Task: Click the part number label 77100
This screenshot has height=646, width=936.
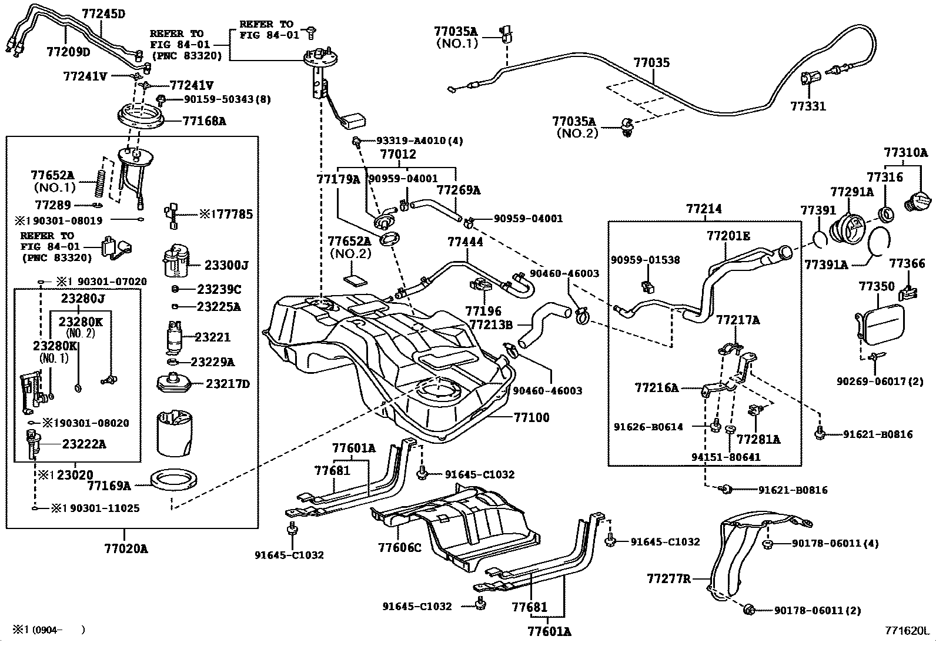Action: click(x=531, y=417)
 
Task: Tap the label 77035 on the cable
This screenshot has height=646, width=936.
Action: click(x=651, y=63)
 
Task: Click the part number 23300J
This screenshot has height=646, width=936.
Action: click(x=226, y=266)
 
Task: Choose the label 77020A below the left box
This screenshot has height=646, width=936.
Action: click(x=126, y=549)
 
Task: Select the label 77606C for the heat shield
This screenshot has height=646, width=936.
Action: click(x=400, y=547)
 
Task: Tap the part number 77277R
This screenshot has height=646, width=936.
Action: click(x=668, y=579)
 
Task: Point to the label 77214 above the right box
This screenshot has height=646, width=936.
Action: click(x=704, y=209)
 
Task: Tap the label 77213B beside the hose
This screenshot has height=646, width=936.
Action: click(x=491, y=325)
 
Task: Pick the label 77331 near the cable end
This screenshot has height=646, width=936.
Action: click(x=808, y=106)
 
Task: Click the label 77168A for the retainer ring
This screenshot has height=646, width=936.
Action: click(x=204, y=122)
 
